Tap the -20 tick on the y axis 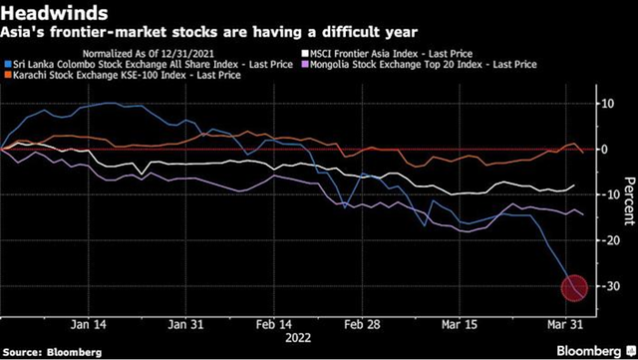point(597,240)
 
